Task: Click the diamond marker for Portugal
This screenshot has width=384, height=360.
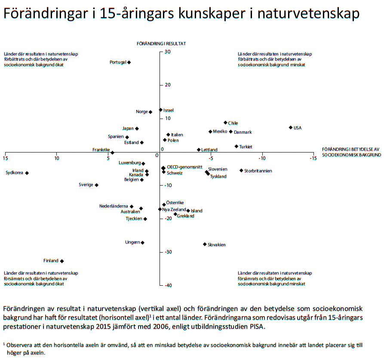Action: [x=129, y=62]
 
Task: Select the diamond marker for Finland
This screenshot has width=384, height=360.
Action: [x=62, y=261]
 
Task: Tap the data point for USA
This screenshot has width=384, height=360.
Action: [x=291, y=128]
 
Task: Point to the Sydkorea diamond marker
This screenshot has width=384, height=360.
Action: [x=27, y=173]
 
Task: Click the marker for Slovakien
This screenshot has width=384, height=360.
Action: [x=205, y=244]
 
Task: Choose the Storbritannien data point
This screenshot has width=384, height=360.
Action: [x=241, y=171]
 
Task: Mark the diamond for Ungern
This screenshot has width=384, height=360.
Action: [x=142, y=243]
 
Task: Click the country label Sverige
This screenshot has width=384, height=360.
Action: [x=86, y=185]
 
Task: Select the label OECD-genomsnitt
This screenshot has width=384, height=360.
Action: [x=184, y=167]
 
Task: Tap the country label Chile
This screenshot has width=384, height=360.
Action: [x=233, y=123]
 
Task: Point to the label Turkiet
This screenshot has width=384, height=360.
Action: [x=246, y=147]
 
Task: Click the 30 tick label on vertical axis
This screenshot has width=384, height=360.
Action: [x=167, y=52]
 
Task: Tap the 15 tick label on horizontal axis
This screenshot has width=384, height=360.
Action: [x=5, y=158]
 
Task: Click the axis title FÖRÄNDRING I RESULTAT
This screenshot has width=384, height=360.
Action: [x=161, y=44]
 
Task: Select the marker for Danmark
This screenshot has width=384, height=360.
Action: [x=230, y=132]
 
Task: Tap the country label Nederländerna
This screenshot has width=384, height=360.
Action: [x=114, y=206]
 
